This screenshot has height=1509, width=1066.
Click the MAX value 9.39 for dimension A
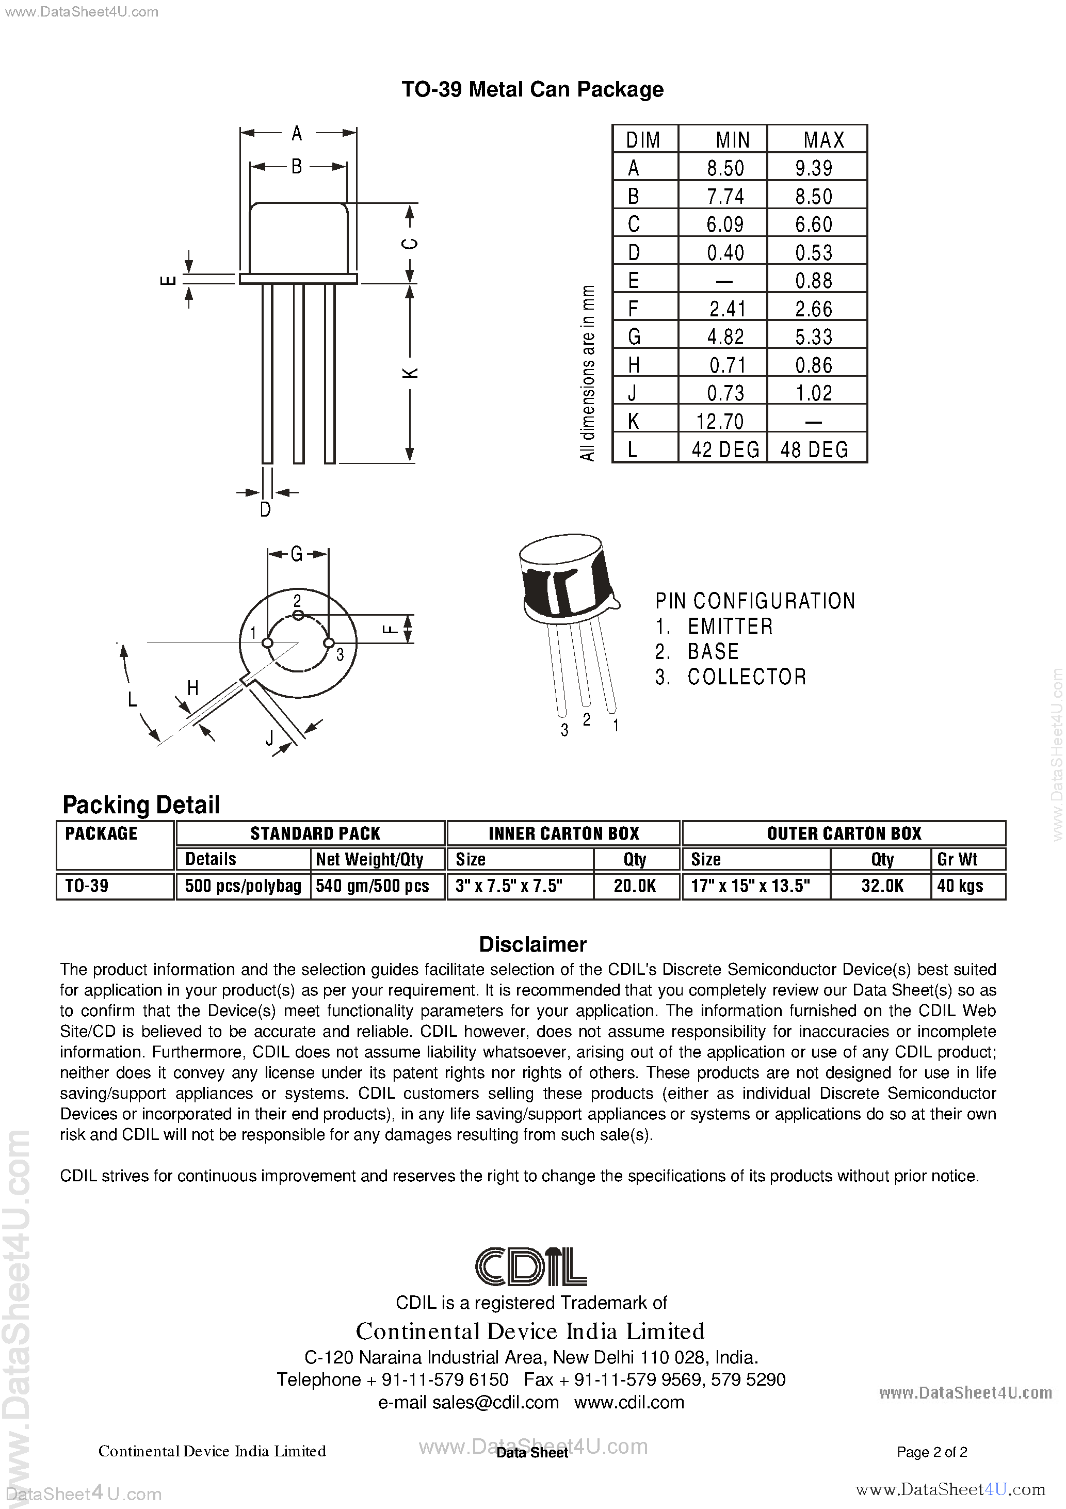pyautogui.click(x=814, y=168)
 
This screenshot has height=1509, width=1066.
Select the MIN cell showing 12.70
pyautogui.click(x=720, y=421)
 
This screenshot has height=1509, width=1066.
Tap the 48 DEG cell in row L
pyautogui.click(x=814, y=450)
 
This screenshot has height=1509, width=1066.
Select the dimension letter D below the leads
pyautogui.click(x=266, y=509)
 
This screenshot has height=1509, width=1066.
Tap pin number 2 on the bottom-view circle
pyautogui.click(x=297, y=600)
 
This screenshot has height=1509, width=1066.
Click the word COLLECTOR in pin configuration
pyautogui.click(x=747, y=677)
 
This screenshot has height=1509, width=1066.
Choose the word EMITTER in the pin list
pyautogui.click(x=730, y=627)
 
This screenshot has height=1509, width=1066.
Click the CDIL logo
pyautogui.click(x=531, y=1266)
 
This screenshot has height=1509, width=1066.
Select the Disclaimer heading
pyautogui.click(x=532, y=944)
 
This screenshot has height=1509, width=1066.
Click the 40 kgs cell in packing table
pyautogui.click(x=960, y=886)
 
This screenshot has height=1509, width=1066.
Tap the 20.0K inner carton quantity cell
pyautogui.click(x=635, y=886)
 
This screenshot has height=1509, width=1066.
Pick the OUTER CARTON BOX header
pyautogui.click(x=844, y=833)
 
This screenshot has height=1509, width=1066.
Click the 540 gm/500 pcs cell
pyautogui.click(x=373, y=886)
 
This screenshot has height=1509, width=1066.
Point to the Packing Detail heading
pyautogui.click(x=141, y=805)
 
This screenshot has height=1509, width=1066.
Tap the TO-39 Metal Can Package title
pyautogui.click(x=532, y=89)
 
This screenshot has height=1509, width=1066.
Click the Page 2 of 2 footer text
pyautogui.click(x=931, y=1452)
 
